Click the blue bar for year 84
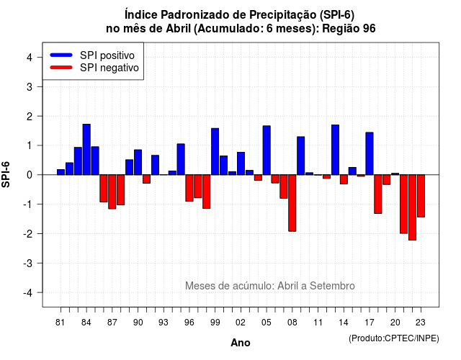[x=86, y=149]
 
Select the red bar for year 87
[x=112, y=192]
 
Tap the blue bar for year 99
[x=215, y=151]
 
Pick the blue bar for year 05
[x=267, y=150]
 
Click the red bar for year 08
[x=292, y=203]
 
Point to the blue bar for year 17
[x=370, y=153]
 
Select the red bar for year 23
[x=421, y=196]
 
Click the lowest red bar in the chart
[x=413, y=207]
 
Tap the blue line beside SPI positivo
[x=61, y=55]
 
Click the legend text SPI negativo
[x=109, y=68]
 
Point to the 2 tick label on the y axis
[x=29, y=117]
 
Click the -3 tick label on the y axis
[x=28, y=264]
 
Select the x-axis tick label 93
[x=164, y=323]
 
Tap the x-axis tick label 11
[x=318, y=323]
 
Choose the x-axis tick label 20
[x=395, y=323]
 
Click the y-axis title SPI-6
[x=6, y=174]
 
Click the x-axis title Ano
[x=241, y=343]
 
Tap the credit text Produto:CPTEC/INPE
[x=394, y=338]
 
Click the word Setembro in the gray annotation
[x=332, y=286]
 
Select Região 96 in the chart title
[x=349, y=29]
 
